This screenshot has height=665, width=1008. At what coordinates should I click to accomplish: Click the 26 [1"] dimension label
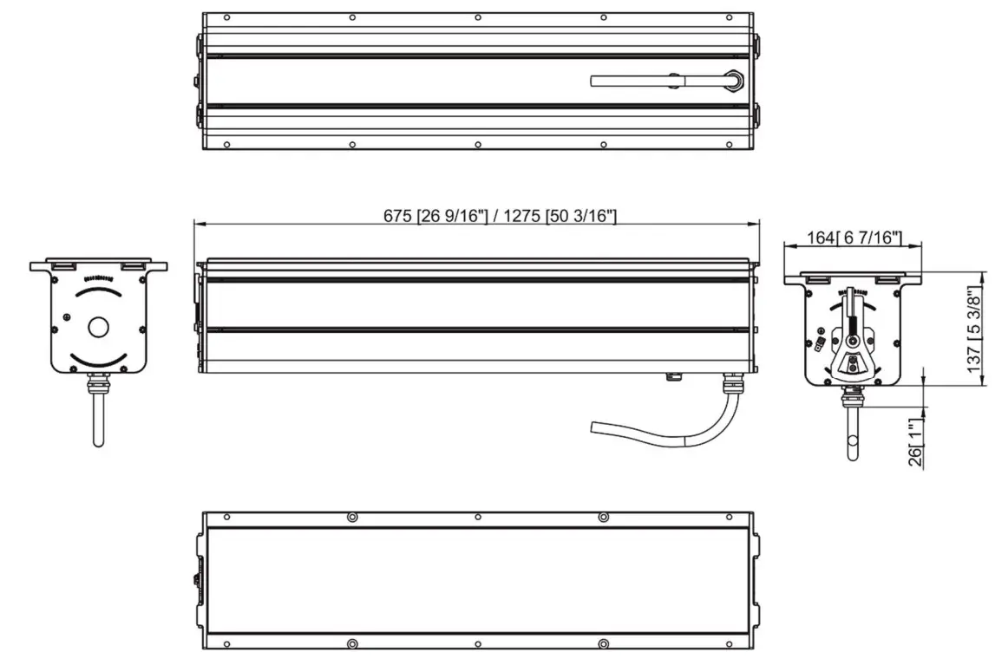tap(915, 445)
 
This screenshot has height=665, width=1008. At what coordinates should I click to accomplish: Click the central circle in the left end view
tap(98, 327)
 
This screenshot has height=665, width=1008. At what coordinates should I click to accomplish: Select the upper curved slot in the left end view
tap(98, 292)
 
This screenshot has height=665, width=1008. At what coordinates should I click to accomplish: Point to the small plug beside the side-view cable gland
tap(671, 376)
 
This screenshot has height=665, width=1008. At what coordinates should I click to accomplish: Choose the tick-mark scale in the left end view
tap(98, 277)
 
